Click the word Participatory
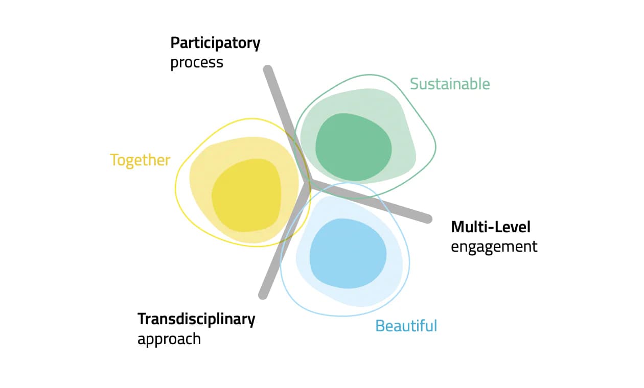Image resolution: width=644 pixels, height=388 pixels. (215, 44)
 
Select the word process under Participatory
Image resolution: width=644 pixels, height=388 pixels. (197, 63)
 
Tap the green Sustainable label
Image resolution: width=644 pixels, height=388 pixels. (450, 84)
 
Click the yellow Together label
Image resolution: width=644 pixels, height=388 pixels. (140, 160)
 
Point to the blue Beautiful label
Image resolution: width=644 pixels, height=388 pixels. (406, 326)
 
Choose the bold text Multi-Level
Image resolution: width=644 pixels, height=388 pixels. (491, 227)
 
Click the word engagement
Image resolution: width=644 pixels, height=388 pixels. (494, 247)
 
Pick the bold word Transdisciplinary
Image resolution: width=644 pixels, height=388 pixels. (196, 320)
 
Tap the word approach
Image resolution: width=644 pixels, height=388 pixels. (169, 339)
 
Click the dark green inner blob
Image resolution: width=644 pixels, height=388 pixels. (353, 147)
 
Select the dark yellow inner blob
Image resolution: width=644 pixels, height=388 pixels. (246, 196)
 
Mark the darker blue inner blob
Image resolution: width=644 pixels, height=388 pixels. (348, 253)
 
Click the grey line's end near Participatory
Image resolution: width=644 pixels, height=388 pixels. (268, 70)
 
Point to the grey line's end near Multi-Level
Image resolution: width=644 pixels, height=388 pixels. (428, 219)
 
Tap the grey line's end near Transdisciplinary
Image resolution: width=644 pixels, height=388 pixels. (263, 295)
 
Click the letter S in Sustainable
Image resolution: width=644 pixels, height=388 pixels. (415, 84)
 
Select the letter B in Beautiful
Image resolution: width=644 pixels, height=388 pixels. (380, 326)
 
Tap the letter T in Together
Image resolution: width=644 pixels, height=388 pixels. (114, 160)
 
